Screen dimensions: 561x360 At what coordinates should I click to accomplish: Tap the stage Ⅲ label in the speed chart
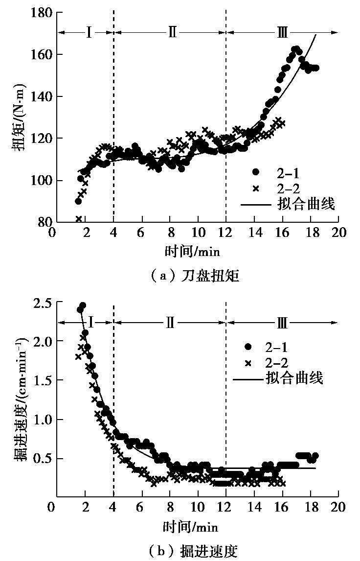tap(282, 323)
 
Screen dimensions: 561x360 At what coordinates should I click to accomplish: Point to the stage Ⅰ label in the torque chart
tap(89, 33)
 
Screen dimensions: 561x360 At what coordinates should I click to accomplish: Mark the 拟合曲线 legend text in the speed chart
tap(295, 378)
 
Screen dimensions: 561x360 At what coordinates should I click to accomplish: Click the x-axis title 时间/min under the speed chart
tap(191, 527)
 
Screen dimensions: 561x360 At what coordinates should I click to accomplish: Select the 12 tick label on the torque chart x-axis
tap(226, 233)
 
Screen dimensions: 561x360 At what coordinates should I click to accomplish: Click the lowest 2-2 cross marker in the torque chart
tap(79, 219)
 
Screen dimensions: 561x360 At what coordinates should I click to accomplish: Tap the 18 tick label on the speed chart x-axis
tap(310, 508)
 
